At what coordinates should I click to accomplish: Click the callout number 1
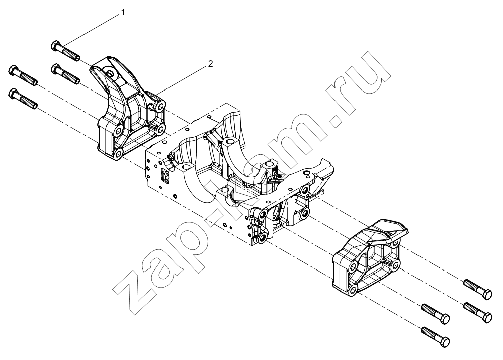pyautogui.click(x=123, y=12)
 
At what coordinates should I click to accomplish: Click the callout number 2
pyautogui.click(x=210, y=64)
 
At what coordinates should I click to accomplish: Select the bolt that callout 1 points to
pyautogui.click(x=65, y=51)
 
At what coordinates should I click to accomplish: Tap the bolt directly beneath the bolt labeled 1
pyautogui.click(x=65, y=74)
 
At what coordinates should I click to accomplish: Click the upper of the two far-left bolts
pyautogui.click(x=23, y=75)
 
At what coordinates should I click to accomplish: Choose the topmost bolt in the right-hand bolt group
pyautogui.click(x=478, y=290)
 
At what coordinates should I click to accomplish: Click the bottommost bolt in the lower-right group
pyautogui.click(x=435, y=336)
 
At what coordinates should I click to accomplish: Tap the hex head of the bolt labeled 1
pyautogui.click(x=55, y=46)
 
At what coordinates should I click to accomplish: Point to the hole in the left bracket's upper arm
pyautogui.click(x=111, y=73)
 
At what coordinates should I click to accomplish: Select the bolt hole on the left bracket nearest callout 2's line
pyautogui.click(x=160, y=106)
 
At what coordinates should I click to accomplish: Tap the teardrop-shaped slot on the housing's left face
pyautogui.click(x=164, y=175)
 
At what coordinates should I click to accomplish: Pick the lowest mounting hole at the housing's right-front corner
pyautogui.click(x=263, y=237)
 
